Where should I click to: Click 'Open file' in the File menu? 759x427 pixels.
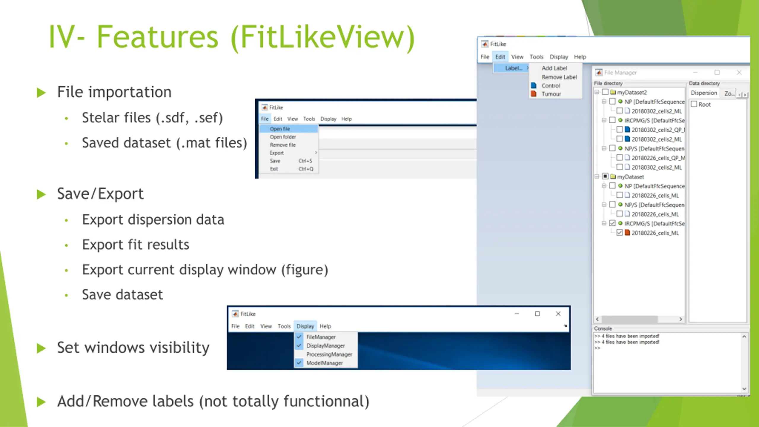pyautogui.click(x=280, y=129)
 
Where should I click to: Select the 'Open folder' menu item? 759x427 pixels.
pyautogui.click(x=283, y=137)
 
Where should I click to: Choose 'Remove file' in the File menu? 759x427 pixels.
pyautogui.click(x=283, y=145)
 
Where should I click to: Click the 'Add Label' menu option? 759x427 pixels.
pyautogui.click(x=554, y=68)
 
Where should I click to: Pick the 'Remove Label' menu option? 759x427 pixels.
pyautogui.click(x=559, y=77)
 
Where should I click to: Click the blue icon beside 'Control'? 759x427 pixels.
pyautogui.click(x=534, y=86)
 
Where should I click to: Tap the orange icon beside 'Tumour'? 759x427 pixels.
pyautogui.click(x=534, y=94)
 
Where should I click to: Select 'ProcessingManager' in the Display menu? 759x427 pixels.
pyautogui.click(x=329, y=354)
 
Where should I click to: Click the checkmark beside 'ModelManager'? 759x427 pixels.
pyautogui.click(x=299, y=363)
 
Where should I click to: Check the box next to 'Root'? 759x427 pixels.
pyautogui.click(x=694, y=104)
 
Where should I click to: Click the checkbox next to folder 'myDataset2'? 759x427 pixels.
pyautogui.click(x=605, y=92)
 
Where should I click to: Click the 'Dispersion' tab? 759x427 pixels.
pyautogui.click(x=704, y=93)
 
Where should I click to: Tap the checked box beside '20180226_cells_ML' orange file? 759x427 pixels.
pyautogui.click(x=619, y=233)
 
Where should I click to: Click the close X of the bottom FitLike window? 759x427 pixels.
pyautogui.click(x=558, y=314)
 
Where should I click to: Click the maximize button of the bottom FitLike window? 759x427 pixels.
pyautogui.click(x=537, y=314)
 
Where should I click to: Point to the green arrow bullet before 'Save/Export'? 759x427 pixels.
pyautogui.click(x=41, y=195)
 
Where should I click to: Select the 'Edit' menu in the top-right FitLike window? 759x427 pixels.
pyautogui.click(x=500, y=57)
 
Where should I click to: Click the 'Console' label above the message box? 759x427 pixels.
pyautogui.click(x=603, y=329)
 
